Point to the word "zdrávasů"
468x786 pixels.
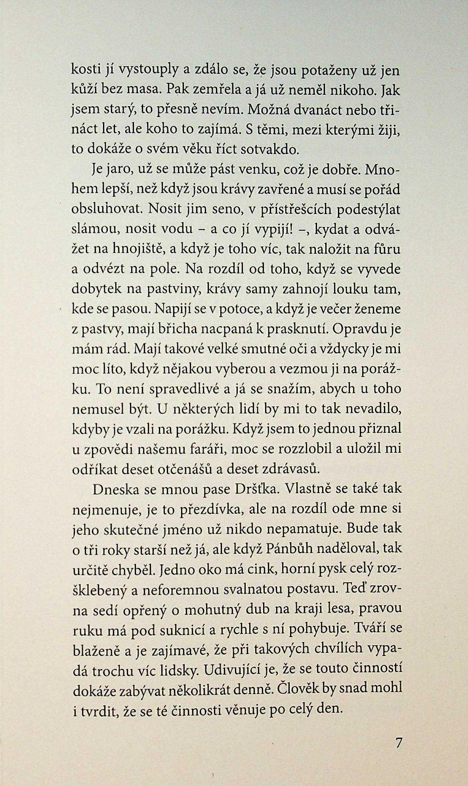291,469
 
